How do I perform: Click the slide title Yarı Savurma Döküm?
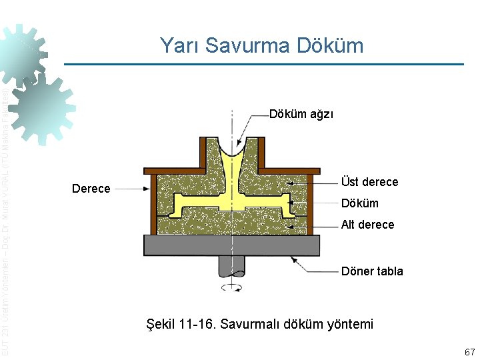(x=261, y=45)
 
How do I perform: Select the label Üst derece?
(x=369, y=182)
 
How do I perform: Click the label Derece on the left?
(x=91, y=189)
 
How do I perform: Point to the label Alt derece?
(x=367, y=225)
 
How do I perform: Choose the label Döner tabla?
(x=372, y=271)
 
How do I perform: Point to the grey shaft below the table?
(x=231, y=266)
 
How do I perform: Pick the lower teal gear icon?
(x=43, y=110)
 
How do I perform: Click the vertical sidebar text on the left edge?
(x=5, y=220)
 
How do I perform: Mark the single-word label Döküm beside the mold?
(x=359, y=203)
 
